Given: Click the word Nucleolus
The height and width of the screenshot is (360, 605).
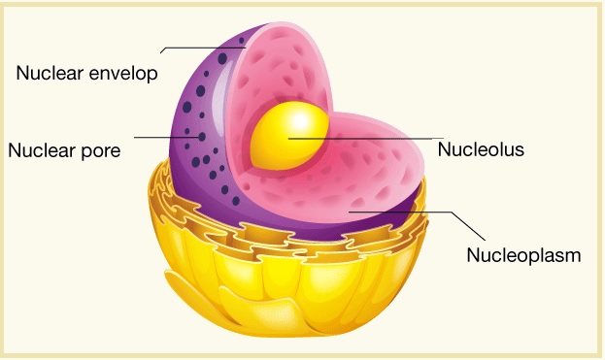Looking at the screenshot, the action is [x=481, y=149].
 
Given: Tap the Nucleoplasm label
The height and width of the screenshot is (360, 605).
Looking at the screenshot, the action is [x=523, y=255].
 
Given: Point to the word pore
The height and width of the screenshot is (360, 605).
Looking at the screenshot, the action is [x=100, y=151].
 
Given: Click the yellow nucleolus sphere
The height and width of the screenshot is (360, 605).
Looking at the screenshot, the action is [x=289, y=136].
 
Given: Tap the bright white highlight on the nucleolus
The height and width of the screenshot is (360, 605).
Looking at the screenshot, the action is [x=301, y=120].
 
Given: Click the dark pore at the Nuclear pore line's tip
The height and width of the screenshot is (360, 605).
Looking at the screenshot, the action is [x=202, y=137].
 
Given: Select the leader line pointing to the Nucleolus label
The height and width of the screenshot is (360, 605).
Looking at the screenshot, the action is [x=366, y=138].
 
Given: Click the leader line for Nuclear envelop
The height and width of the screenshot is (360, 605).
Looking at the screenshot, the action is [x=203, y=49].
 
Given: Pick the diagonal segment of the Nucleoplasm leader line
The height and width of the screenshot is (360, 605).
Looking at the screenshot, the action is [x=468, y=226].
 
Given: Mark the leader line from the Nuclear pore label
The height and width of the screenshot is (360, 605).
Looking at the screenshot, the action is [x=168, y=137].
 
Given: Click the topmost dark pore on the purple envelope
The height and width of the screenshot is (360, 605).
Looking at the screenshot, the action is [x=242, y=40].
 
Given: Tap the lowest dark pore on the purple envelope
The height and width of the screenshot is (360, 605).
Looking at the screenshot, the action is [x=236, y=201].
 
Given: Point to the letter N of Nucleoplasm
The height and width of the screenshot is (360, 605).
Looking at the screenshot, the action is [x=473, y=255].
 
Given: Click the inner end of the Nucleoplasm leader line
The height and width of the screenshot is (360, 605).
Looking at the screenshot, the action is [x=350, y=212].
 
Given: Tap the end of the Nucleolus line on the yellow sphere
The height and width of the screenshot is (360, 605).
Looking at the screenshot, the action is [x=288, y=138].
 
